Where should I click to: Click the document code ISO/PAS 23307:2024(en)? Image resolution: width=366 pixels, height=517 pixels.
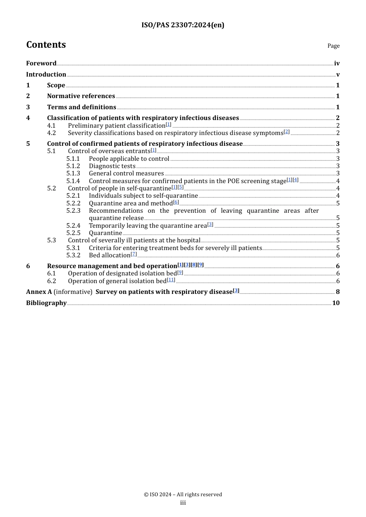[x=183, y=25]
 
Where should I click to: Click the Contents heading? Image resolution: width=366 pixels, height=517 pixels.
[x=46, y=45]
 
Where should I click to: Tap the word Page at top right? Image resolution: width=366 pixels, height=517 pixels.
[x=333, y=46]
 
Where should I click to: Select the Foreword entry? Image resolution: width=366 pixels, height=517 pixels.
[x=41, y=63]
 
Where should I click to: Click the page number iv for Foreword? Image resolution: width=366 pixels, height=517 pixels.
[x=337, y=63]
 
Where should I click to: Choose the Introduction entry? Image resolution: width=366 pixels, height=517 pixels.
[x=46, y=75]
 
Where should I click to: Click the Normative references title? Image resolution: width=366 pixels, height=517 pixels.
[x=81, y=96]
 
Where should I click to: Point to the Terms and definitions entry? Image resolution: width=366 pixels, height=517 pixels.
[x=81, y=107]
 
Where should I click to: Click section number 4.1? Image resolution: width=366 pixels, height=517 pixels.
[x=51, y=126]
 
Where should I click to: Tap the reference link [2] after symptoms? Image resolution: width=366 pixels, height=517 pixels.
[x=287, y=132]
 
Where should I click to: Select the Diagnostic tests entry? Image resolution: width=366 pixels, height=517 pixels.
[x=112, y=166]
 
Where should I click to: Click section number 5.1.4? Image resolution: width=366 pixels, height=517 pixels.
[x=73, y=181]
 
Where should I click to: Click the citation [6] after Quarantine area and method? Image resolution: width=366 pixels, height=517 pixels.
[x=176, y=202]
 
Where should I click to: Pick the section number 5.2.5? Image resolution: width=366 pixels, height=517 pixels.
[x=73, y=233]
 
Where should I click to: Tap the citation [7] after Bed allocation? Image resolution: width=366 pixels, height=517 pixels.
[x=134, y=254]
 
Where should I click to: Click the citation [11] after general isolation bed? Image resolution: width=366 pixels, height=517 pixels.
[x=171, y=280]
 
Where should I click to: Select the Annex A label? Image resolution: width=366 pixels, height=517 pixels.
[x=39, y=292]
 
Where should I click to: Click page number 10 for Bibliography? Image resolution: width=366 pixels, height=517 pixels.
[x=336, y=303]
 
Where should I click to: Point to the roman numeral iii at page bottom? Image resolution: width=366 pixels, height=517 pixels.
[x=183, y=503]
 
